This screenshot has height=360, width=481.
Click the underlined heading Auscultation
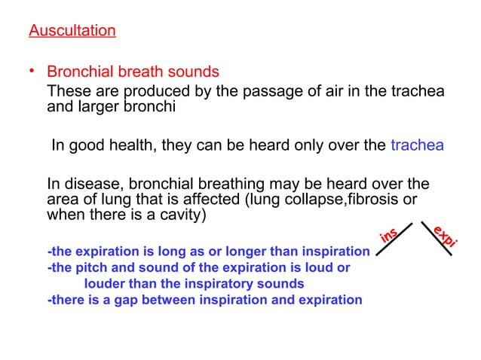click(72, 32)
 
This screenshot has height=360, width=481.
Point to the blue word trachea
click(417, 145)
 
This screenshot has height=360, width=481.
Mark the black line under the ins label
click(394, 240)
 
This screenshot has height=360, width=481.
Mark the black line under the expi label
click(437, 240)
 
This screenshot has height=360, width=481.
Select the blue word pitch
click(88, 267)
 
